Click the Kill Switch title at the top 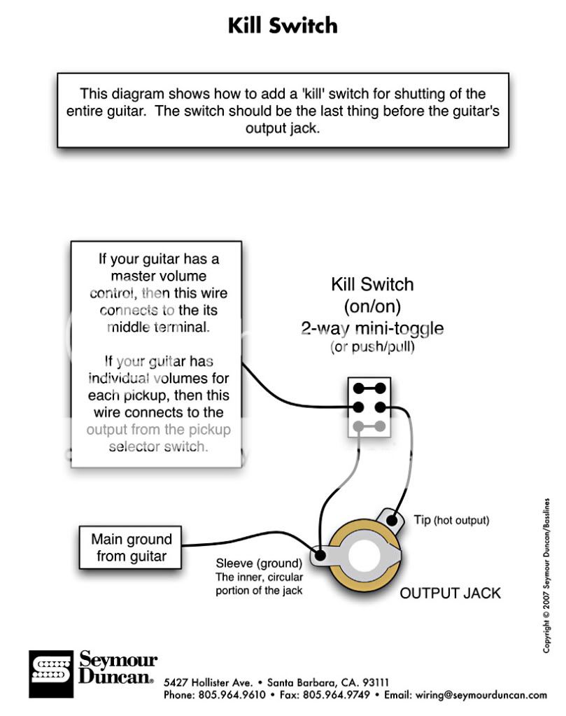pos(283,26)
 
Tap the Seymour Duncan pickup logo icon pos(50,674)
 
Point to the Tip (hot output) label pos(451,520)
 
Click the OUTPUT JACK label pos(450,594)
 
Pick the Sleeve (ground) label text pos(259,563)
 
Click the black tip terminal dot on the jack pos(393,519)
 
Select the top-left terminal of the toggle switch pos(358,388)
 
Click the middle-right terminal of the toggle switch pos(381,407)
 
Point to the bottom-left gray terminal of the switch pos(358,425)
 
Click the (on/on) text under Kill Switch pos(372,306)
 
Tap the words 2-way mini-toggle pos(372,328)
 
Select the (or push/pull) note pos(372,347)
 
